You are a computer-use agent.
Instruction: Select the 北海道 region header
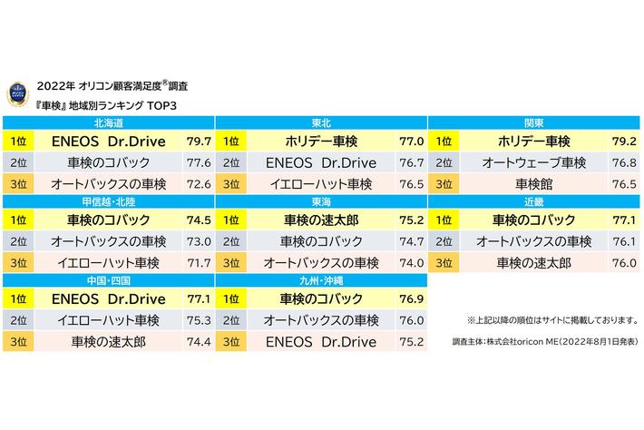108,122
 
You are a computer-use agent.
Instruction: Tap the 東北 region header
320,122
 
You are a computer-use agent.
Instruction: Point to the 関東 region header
534,122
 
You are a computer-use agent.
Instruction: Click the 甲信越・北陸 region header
108,201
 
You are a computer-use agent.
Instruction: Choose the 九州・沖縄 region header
320,281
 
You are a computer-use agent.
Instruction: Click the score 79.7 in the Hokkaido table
198,142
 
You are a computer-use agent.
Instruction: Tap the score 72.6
198,183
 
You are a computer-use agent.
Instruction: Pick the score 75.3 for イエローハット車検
198,320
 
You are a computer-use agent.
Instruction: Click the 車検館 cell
534,183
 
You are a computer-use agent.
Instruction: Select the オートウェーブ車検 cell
534,162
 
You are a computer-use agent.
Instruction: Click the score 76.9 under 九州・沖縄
412,299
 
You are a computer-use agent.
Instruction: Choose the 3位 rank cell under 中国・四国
17,342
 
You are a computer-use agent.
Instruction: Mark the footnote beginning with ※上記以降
550,320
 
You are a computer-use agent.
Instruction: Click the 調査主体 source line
544,342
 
